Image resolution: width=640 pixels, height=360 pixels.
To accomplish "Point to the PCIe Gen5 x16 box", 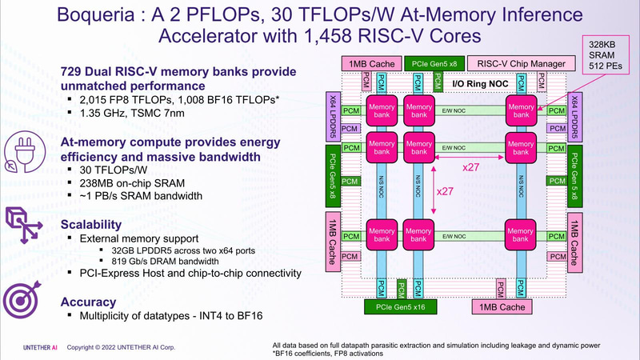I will click(x=400, y=306).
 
